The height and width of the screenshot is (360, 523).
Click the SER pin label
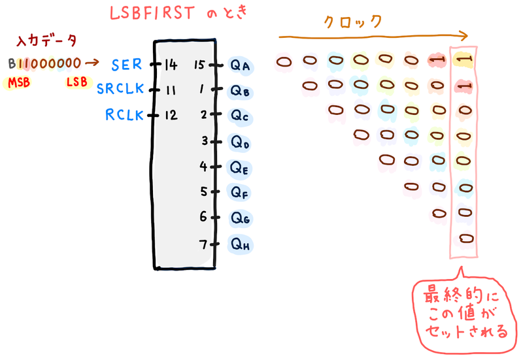pyautogui.click(x=126, y=65)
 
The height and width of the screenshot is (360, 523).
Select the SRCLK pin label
pyautogui.click(x=119, y=89)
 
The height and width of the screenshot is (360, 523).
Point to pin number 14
pyautogui.click(x=171, y=65)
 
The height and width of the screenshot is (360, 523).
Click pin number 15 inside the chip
pyautogui.click(x=201, y=65)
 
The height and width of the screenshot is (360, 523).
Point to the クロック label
pyautogui.click(x=353, y=21)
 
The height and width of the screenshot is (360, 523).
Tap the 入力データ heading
pyautogui.click(x=46, y=41)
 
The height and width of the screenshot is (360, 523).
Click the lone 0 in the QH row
pyautogui.click(x=465, y=237)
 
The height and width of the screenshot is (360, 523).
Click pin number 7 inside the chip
pyautogui.click(x=203, y=244)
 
